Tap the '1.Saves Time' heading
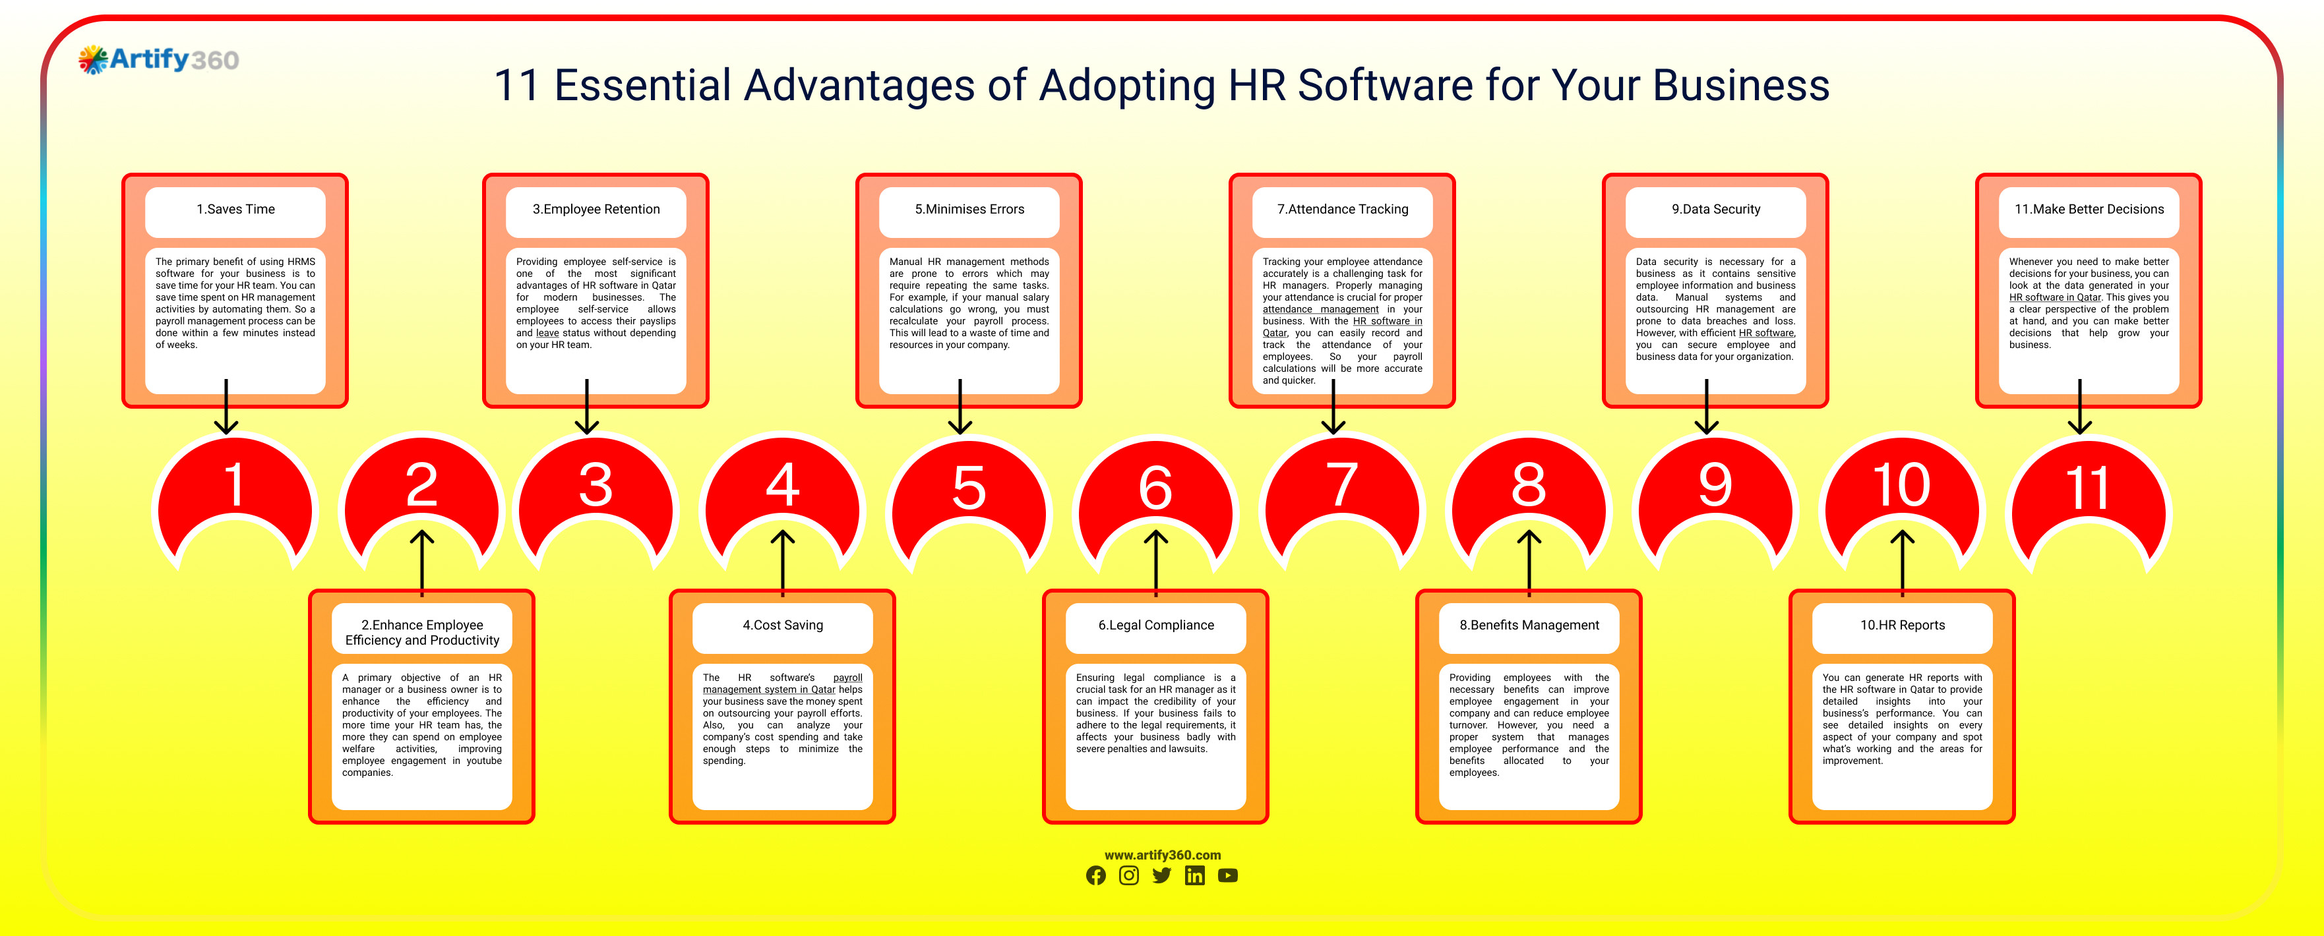[235, 209]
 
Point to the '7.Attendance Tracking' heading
[1343, 209]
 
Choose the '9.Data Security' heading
[1715, 209]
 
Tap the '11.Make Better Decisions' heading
[2089, 209]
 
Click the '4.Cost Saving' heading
[782, 625]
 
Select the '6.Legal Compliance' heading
[1155, 625]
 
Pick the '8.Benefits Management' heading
[1529, 625]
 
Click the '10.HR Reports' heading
[1902, 625]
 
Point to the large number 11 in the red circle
[2088, 488]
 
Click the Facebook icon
[1095, 875]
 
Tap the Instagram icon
[1128, 875]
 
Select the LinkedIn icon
[1194, 875]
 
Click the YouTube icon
[1228, 875]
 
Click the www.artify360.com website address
[1162, 855]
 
